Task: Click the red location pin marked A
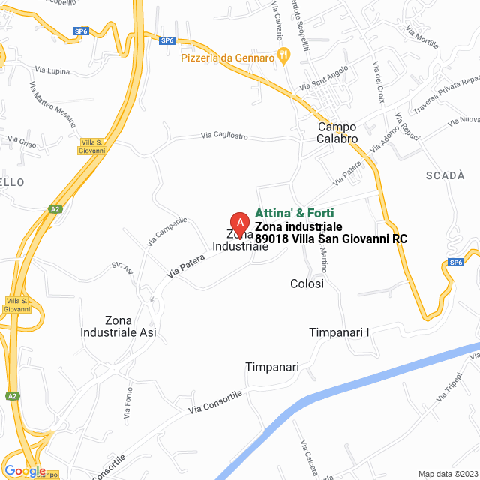[239, 223]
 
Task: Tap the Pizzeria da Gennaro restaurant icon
[283, 54]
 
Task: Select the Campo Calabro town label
[337, 133]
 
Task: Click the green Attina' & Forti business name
[295, 213]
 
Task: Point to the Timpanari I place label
[340, 331]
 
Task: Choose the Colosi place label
[307, 283]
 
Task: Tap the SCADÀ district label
[445, 175]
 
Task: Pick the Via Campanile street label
[166, 232]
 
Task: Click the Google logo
[24, 470]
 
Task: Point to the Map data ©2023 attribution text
[447, 474]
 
